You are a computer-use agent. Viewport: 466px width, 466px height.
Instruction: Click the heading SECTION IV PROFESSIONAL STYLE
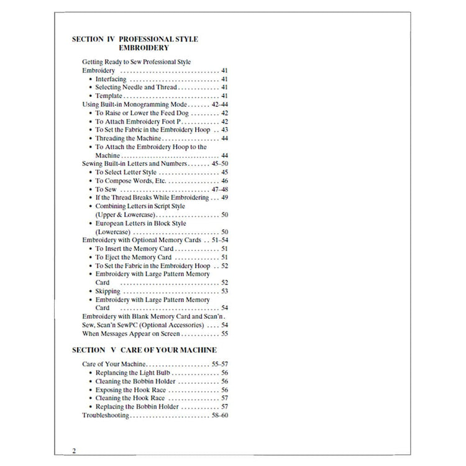click(135, 39)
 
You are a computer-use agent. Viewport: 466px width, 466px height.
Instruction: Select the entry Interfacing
click(111, 80)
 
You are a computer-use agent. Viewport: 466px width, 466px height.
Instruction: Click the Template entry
click(109, 96)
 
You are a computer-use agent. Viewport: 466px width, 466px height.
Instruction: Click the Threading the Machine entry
click(129, 139)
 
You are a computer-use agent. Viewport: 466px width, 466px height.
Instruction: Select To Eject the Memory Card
click(133, 257)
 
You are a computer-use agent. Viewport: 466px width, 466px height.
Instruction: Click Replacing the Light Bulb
click(130, 373)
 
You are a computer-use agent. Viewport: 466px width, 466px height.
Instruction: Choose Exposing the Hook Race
click(129, 390)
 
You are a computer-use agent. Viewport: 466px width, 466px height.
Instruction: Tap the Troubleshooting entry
click(106, 414)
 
